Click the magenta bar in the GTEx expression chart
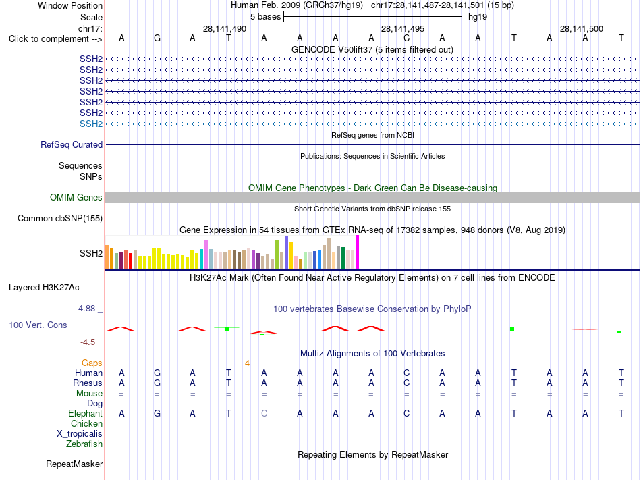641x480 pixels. [x=358, y=252]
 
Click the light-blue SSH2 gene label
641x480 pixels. [x=91, y=124]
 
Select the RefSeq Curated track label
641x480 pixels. [x=72, y=144]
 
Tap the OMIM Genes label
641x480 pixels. [x=76, y=198]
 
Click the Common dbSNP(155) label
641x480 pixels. [x=60, y=218]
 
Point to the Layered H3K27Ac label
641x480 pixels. [x=44, y=288]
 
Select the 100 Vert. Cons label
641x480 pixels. [x=38, y=325]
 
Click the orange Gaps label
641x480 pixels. [x=92, y=363]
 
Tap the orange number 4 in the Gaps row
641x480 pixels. [x=248, y=363]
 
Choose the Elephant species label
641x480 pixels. [x=85, y=413]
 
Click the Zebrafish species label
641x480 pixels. [x=84, y=444]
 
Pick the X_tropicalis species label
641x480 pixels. [x=80, y=434]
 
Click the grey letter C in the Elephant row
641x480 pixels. [x=264, y=413]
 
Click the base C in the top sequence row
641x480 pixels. [x=406, y=38]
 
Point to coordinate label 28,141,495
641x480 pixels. [x=403, y=28]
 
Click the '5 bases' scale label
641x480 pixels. [x=266, y=17]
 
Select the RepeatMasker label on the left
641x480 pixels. [x=74, y=464]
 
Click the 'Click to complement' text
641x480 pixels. [x=49, y=39]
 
